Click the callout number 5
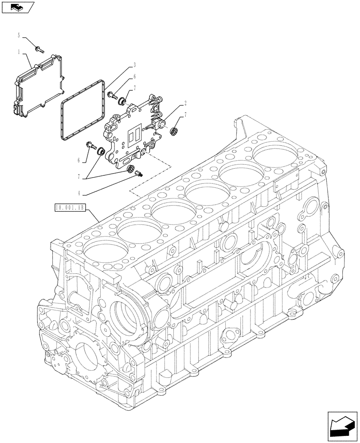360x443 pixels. pos(19,35)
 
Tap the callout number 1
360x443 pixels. pos(19,52)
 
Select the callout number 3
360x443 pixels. pos(134,65)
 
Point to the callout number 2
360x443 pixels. pos(185,103)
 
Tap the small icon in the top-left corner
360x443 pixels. pos(16,7)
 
